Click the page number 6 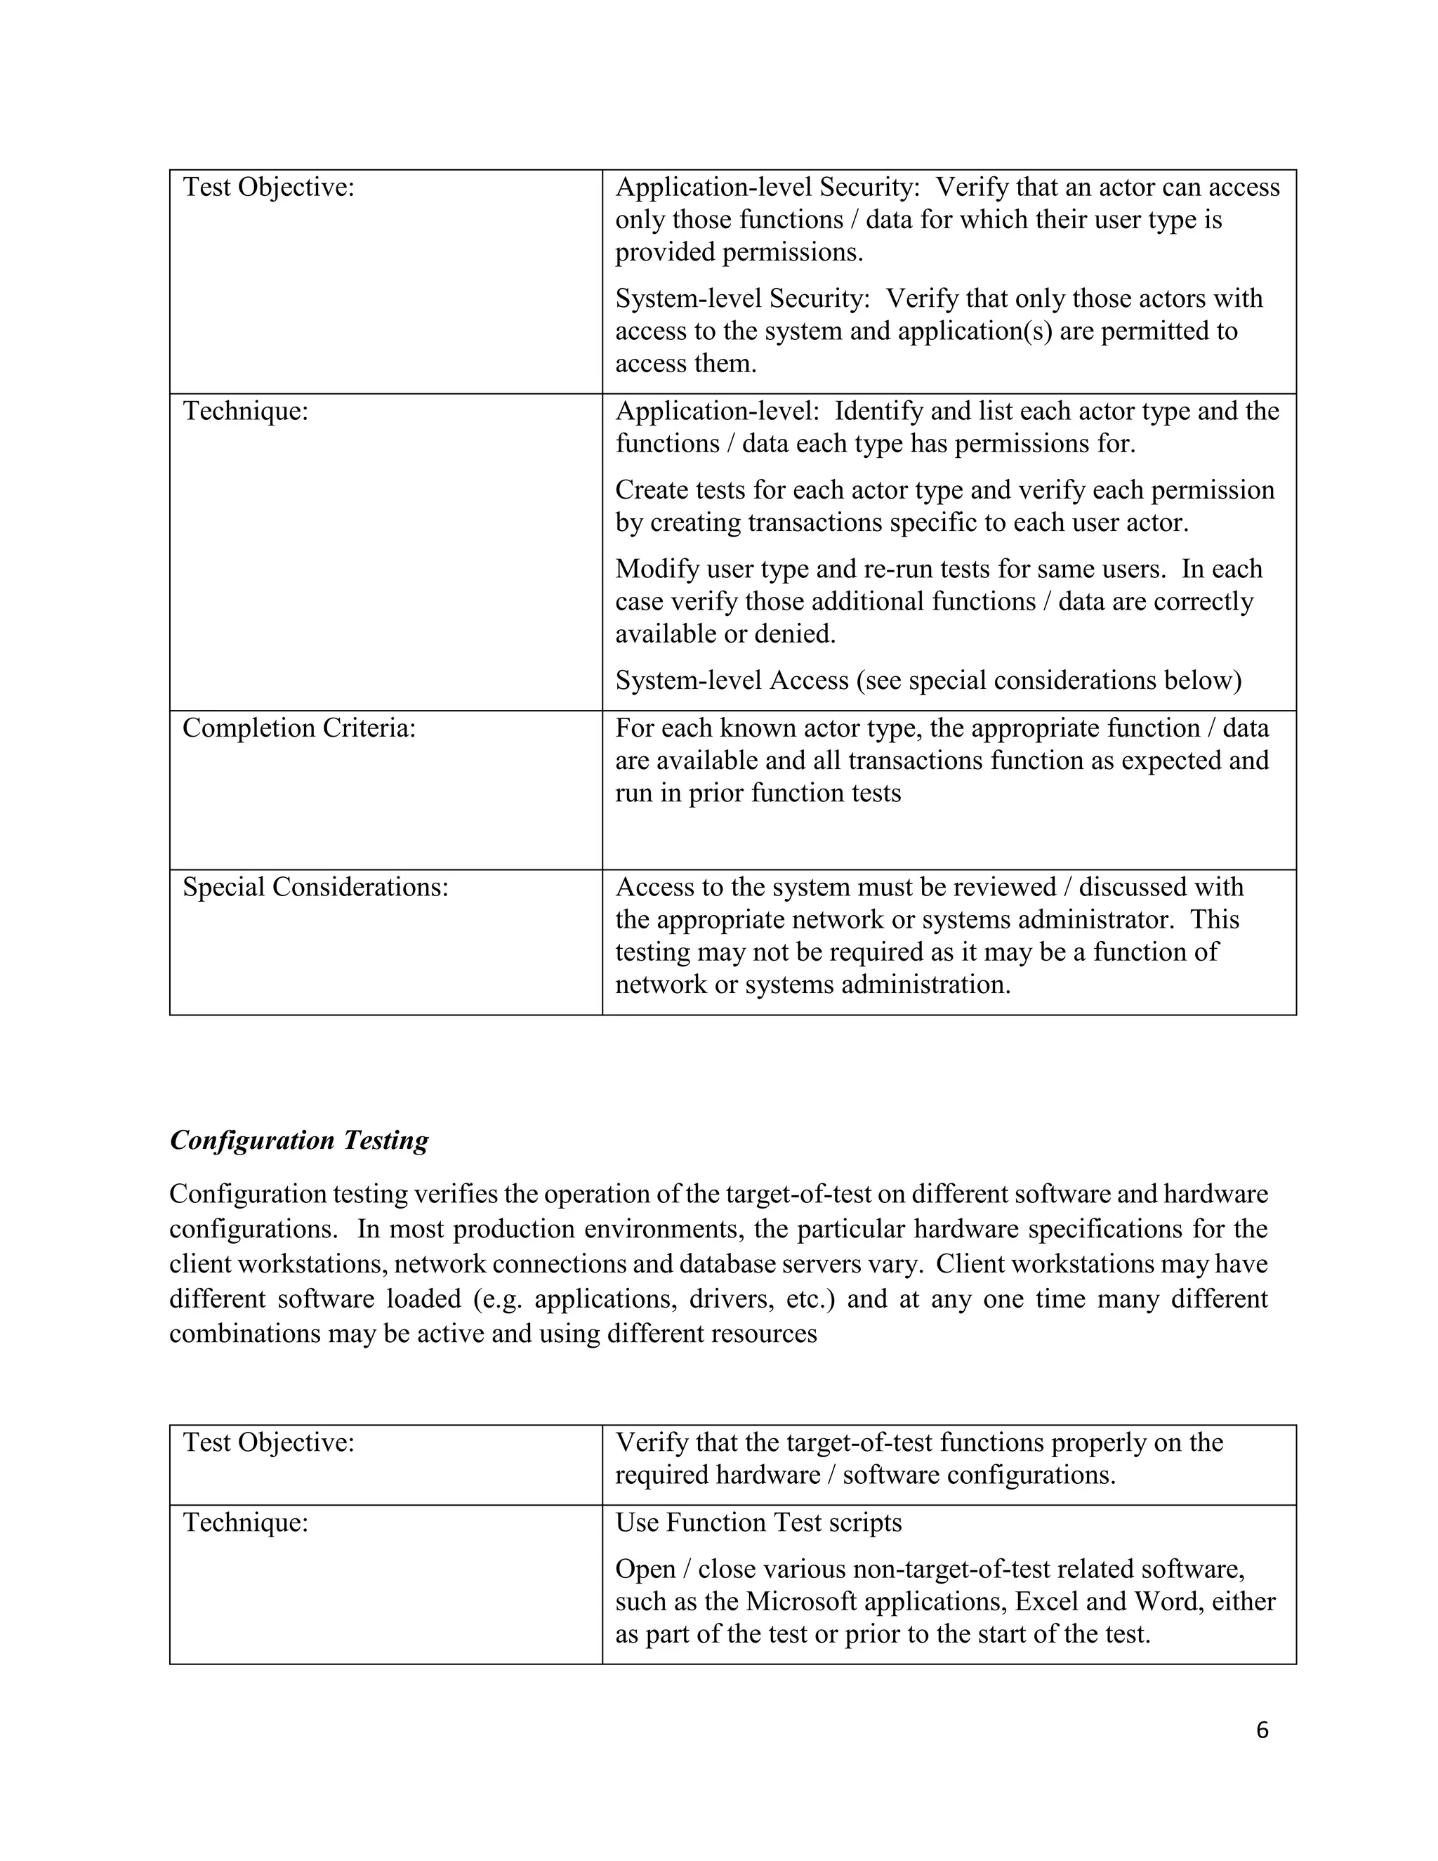1262,1730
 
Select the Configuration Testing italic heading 299,1140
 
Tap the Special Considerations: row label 315,887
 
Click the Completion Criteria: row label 299,728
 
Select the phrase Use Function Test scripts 758,1522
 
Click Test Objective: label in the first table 268,188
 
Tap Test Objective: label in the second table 268,1442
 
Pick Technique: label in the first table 245,411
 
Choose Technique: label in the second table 245,1522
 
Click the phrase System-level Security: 743,298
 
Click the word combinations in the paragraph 244,1334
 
